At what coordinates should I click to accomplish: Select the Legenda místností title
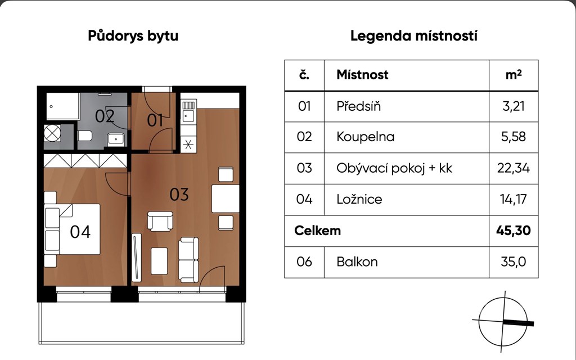click(x=413, y=36)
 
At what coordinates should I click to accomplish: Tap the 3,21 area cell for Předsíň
click(x=513, y=106)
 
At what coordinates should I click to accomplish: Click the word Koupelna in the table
click(x=365, y=137)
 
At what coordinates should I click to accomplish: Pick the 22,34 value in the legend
click(x=513, y=168)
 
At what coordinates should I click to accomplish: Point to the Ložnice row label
click(x=359, y=199)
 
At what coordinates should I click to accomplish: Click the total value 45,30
click(x=513, y=230)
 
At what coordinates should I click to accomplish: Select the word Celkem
click(x=317, y=230)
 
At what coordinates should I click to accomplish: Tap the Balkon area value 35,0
click(x=513, y=262)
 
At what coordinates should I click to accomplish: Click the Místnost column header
click(x=362, y=75)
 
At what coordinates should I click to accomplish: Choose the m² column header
click(x=514, y=75)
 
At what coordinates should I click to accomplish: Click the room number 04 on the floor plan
click(x=80, y=232)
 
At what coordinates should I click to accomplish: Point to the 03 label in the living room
click(x=179, y=194)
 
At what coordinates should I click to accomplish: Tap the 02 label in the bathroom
click(x=105, y=116)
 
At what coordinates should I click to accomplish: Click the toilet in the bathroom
click(x=85, y=136)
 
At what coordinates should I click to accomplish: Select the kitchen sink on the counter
click(x=188, y=116)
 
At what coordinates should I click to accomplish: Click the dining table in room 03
click(x=225, y=199)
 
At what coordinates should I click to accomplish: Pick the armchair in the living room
click(x=160, y=221)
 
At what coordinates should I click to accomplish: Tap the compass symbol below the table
click(x=503, y=321)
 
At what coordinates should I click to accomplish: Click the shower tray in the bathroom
click(x=63, y=106)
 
